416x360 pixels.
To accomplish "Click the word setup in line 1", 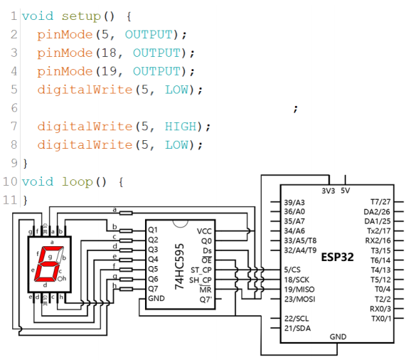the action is (x=81, y=16).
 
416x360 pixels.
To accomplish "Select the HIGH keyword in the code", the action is (x=181, y=127).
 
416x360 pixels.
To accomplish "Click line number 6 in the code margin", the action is (x=14, y=108).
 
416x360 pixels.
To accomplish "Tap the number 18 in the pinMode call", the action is (x=109, y=53).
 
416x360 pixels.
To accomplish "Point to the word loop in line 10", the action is (x=78, y=182).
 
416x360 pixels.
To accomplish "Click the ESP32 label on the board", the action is (x=337, y=257).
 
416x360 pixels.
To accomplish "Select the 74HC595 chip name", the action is (x=179, y=266).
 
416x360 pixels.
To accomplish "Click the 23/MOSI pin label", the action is (x=299, y=300).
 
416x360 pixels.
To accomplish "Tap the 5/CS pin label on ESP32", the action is (x=292, y=270).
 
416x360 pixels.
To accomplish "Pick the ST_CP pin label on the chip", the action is (x=201, y=270).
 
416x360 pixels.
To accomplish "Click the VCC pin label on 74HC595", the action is (x=204, y=231).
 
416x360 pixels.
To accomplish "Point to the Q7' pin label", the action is (x=206, y=300).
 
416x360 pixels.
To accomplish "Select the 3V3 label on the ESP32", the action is (x=329, y=191).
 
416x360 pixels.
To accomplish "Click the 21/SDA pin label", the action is (x=297, y=329).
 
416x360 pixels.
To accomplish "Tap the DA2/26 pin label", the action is (x=377, y=212).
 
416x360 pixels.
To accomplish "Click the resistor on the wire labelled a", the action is (x=126, y=213).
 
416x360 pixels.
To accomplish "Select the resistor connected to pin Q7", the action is (x=126, y=289).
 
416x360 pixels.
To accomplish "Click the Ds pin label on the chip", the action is (x=207, y=251).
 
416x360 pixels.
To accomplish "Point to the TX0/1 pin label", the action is (x=381, y=319).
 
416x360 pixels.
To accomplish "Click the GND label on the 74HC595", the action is (x=156, y=298).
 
